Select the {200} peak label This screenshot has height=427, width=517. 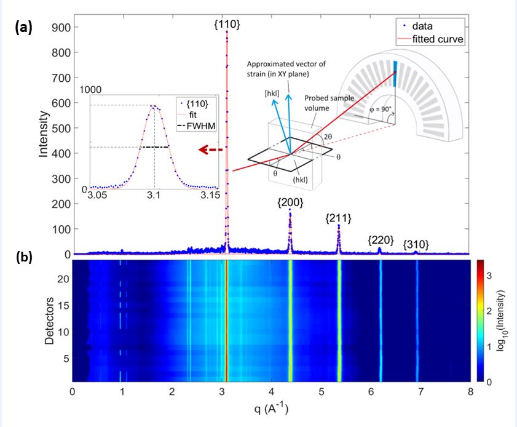pos(290,202)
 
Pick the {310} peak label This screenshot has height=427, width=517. pos(416,245)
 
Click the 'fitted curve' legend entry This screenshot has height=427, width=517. pos(440,39)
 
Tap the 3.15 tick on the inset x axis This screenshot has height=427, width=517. pos(210,196)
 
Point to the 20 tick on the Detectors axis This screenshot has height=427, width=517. pos(63,278)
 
